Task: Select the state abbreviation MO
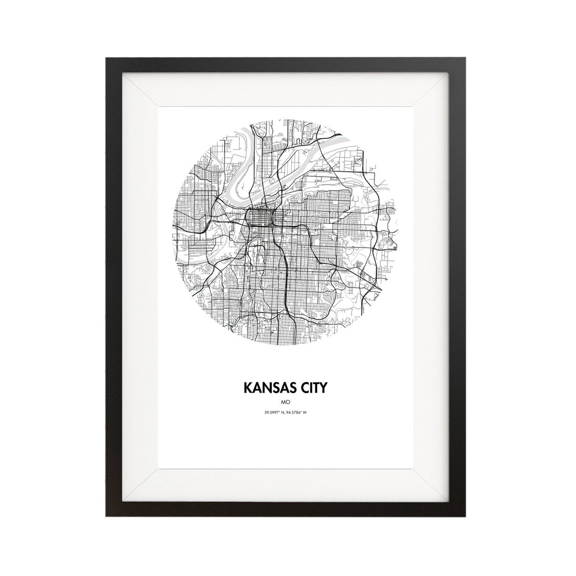(287, 403)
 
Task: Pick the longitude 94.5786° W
(300, 413)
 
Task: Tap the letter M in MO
(285, 403)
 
